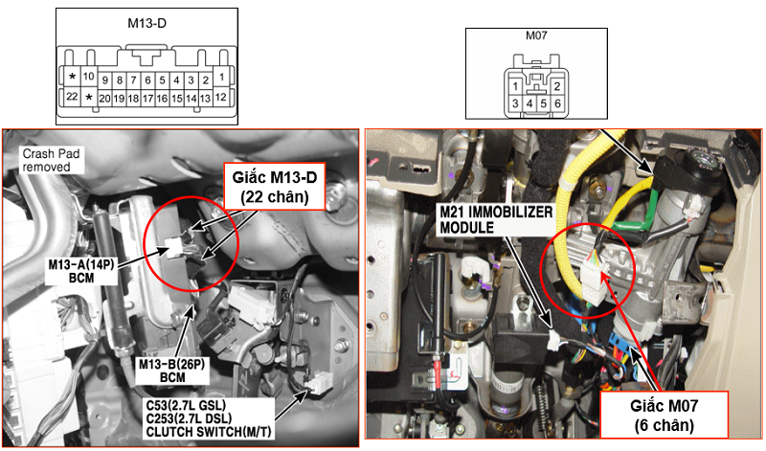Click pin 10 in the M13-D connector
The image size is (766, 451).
[88, 77]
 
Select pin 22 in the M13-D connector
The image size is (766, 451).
[71, 97]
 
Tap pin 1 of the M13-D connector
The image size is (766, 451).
[221, 77]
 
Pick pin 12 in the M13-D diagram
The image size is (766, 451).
[221, 97]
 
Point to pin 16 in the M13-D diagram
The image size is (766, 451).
[163, 98]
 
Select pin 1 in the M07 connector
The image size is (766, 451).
[515, 86]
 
